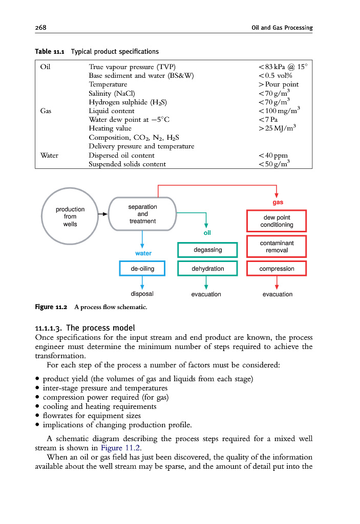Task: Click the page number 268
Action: (40, 27)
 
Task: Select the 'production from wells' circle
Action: (70, 216)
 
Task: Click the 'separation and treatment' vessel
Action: (142, 214)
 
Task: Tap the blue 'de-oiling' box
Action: (142, 269)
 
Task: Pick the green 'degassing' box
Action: (207, 250)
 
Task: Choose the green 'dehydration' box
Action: (207, 269)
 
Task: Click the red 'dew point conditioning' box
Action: (277, 221)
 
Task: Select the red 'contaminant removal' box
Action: (277, 247)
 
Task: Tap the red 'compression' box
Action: (277, 269)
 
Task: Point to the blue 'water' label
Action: (143, 253)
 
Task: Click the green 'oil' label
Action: (207, 233)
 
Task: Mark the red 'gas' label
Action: (278, 203)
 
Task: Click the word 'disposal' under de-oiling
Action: (142, 294)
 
